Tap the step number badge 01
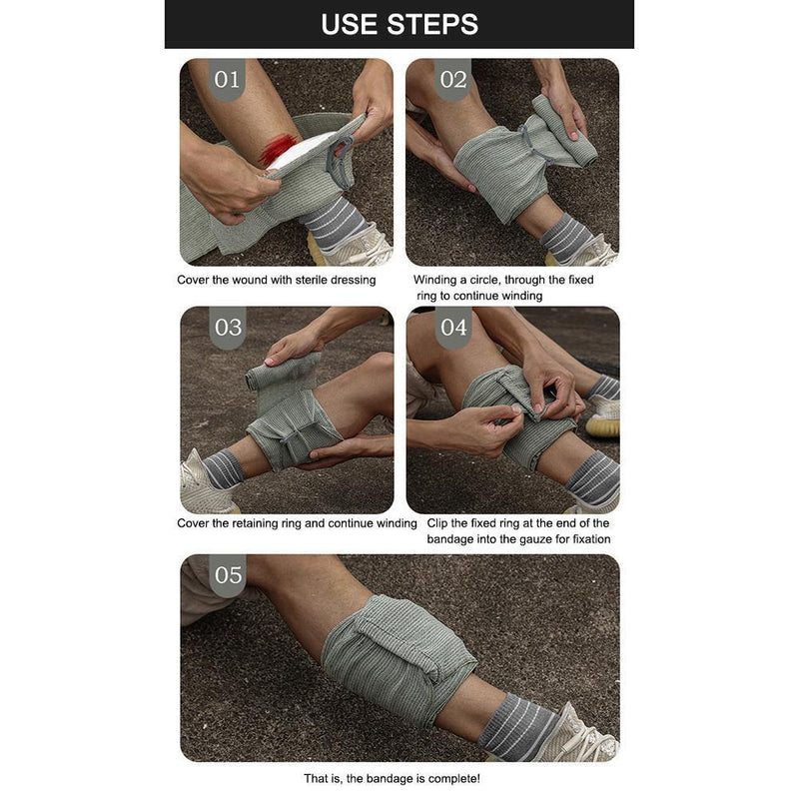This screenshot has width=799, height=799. [x=228, y=80]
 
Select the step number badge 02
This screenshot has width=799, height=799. [x=452, y=80]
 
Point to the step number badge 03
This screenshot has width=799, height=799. [x=228, y=328]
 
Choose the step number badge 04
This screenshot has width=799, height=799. [x=452, y=328]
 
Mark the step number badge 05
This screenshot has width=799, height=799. [x=228, y=575]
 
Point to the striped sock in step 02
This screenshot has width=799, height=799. [x=564, y=238]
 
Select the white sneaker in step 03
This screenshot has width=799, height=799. [x=200, y=484]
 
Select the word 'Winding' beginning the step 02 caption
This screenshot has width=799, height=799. [x=437, y=281]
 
